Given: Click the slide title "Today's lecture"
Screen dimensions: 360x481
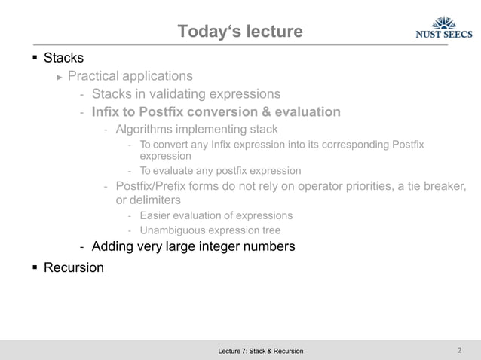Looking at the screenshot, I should pyautogui.click(x=240, y=32).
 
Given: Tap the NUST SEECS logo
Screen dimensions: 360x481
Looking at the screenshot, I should pyautogui.click(x=444, y=28).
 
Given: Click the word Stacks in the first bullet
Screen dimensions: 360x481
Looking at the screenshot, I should pyautogui.click(x=64, y=57).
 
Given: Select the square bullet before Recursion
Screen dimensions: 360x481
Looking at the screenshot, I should pyautogui.click(x=35, y=267).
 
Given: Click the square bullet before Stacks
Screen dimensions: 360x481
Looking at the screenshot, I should pyautogui.click(x=35, y=57).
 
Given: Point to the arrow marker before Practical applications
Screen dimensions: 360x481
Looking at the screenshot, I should pyautogui.click(x=60, y=76).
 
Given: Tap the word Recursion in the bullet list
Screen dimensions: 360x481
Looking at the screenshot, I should pyautogui.click(x=74, y=267).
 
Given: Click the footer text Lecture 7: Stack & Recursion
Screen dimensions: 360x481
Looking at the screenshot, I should pyautogui.click(x=260, y=351).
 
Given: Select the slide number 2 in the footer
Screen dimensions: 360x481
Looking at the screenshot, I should pyautogui.click(x=459, y=350).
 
